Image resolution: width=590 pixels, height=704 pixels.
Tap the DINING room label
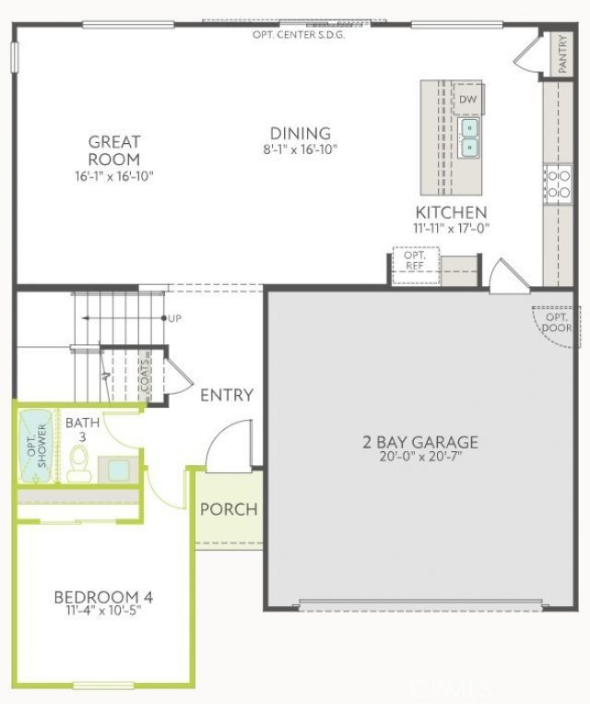[300, 134]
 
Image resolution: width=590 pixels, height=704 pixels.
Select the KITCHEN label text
[450, 212]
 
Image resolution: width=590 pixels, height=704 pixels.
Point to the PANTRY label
[563, 54]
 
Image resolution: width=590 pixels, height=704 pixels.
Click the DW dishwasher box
[468, 99]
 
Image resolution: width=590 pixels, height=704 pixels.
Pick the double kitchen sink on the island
[470, 137]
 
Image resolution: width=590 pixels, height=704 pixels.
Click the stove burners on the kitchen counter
[558, 184]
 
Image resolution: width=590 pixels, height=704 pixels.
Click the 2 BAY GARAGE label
[419, 442]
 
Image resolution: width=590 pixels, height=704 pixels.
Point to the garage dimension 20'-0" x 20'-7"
[419, 457]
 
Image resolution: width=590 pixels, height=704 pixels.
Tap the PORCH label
[229, 509]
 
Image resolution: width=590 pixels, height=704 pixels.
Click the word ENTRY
[227, 395]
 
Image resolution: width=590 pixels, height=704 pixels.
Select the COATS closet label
[146, 376]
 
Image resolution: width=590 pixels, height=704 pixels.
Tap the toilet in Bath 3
[78, 459]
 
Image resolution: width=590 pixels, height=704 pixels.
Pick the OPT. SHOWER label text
[36, 447]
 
